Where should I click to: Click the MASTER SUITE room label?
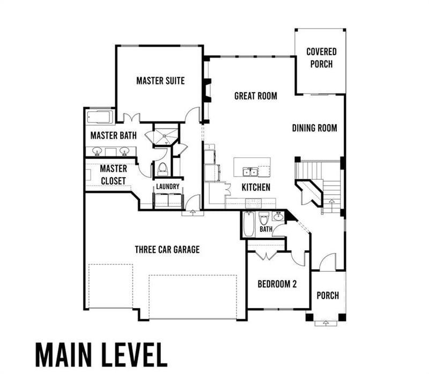click(x=160, y=81)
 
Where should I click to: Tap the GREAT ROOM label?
click(x=255, y=96)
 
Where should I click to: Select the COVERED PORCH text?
click(x=321, y=58)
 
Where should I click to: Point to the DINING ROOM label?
click(x=314, y=128)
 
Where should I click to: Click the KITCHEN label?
click(x=255, y=187)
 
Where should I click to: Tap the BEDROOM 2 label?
click(x=277, y=284)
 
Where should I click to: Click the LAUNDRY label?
click(x=167, y=187)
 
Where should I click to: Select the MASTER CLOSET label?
click(x=113, y=175)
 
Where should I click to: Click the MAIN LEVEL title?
click(x=101, y=353)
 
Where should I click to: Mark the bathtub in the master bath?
click(x=99, y=117)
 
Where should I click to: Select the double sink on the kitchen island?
click(x=250, y=172)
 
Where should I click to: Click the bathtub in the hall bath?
click(x=248, y=224)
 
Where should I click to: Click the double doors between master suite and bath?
click(x=131, y=117)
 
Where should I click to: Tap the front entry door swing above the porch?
click(x=327, y=262)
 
